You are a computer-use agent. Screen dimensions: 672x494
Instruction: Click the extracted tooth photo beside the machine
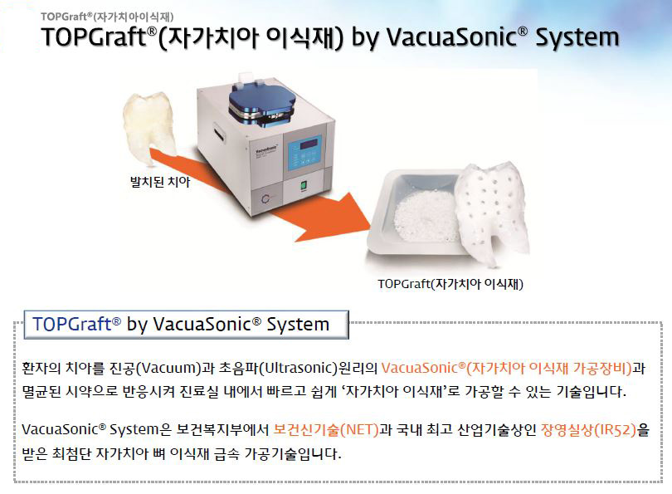coord(149,127)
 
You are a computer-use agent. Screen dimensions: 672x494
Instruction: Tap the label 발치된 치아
coord(160,182)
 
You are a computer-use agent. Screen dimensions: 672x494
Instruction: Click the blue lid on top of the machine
coord(262,102)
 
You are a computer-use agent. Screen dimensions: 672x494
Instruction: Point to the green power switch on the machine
coord(304,186)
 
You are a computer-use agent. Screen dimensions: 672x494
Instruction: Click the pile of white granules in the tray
coord(424,216)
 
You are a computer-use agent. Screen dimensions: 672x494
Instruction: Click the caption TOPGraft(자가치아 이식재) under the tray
coord(450,284)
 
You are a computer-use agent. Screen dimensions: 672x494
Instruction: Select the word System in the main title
coord(577,37)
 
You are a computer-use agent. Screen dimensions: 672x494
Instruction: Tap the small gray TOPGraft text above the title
coord(107,17)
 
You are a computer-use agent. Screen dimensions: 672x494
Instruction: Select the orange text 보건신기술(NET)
coord(326,429)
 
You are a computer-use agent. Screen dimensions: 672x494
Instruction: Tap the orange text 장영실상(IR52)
coord(589,429)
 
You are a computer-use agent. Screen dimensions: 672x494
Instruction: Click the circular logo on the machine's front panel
coord(265,199)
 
